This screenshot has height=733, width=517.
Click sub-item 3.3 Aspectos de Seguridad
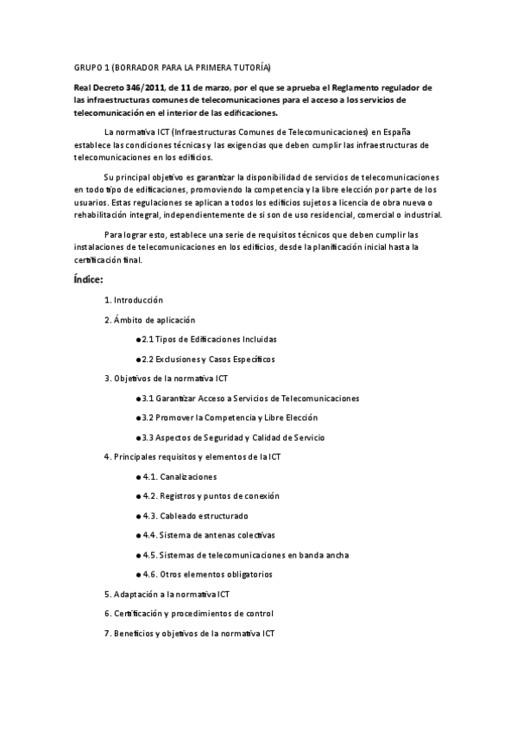tap(233, 437)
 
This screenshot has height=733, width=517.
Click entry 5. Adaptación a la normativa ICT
tap(167, 594)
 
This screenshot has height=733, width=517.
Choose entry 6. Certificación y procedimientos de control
tap(189, 614)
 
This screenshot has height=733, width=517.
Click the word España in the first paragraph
tap(396, 131)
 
